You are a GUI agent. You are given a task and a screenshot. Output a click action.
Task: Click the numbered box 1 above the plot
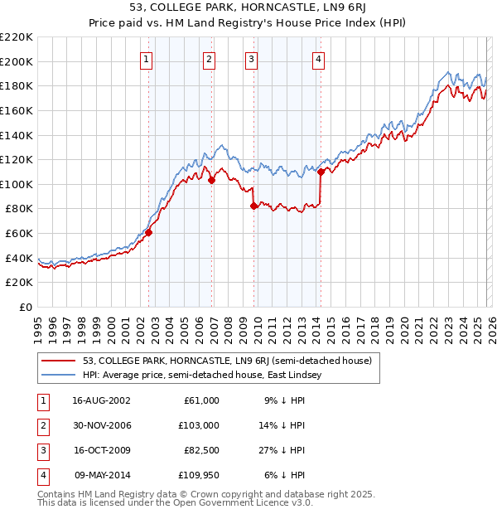[146, 59]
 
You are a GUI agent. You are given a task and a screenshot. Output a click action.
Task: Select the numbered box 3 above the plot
[251, 59]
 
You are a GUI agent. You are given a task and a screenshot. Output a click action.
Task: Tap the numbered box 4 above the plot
[318, 59]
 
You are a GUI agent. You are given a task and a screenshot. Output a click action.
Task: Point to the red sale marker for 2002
[149, 233]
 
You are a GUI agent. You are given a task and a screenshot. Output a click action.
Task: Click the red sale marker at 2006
[212, 180]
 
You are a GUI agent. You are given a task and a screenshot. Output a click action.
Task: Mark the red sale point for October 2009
[253, 206]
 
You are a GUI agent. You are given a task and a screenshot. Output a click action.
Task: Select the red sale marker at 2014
[321, 172]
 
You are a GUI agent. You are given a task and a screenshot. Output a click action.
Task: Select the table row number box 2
[42, 425]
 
